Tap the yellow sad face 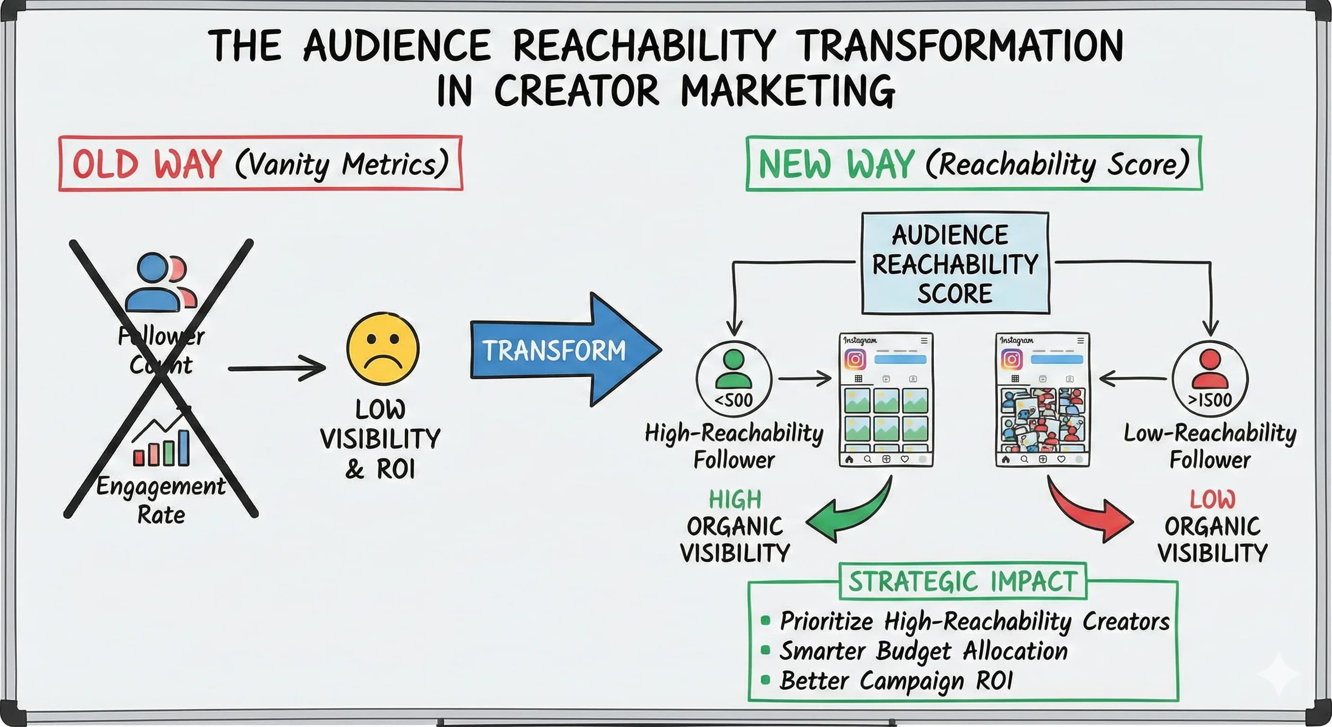tap(383, 348)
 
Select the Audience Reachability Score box tap(955, 263)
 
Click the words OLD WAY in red tap(148, 165)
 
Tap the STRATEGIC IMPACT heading tap(962, 581)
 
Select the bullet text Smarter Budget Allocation tap(923, 651)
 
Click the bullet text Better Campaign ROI tap(895, 681)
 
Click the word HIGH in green tap(735, 500)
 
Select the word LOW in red tap(1212, 500)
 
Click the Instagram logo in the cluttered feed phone tap(1011, 359)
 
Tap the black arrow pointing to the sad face tap(277, 368)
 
